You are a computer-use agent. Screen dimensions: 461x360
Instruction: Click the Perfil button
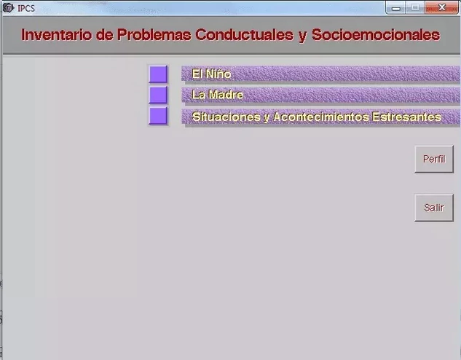[434, 159]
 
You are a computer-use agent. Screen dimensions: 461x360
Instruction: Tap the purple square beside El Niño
[158, 74]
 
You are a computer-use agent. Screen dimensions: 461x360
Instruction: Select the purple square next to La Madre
[158, 95]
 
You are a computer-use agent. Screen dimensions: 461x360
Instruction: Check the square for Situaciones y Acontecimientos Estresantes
[158, 116]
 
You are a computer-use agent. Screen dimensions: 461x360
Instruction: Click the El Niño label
[211, 74]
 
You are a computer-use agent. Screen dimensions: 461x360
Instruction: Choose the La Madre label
[218, 95]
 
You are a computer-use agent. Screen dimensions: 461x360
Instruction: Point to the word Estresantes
[406, 117]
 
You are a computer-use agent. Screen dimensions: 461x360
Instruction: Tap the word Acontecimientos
[321, 117]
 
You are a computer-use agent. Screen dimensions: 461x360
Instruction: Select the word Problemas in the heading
[154, 35]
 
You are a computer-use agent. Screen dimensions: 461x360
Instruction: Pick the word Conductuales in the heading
[244, 35]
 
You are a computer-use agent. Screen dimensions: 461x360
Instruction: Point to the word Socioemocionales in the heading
[376, 35]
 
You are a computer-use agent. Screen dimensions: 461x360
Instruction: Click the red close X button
[441, 7]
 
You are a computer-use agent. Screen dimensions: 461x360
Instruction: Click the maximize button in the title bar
[415, 7]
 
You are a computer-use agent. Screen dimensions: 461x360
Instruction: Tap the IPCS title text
[26, 8]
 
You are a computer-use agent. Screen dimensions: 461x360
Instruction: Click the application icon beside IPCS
[8, 8]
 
